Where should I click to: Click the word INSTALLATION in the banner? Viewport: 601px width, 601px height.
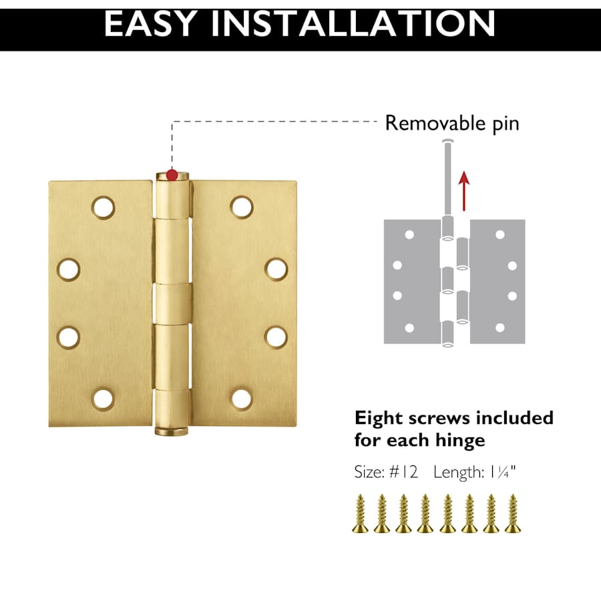(352, 24)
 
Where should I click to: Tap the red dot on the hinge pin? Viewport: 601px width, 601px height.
(172, 176)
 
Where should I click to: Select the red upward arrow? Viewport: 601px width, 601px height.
(464, 191)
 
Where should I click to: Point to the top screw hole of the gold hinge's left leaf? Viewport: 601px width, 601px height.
(103, 208)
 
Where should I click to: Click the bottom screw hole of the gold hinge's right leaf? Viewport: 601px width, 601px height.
(242, 399)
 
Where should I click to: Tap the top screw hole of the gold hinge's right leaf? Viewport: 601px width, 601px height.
(242, 208)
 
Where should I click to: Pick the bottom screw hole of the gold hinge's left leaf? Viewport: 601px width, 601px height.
(103, 399)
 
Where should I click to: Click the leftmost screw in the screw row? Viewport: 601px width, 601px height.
(361, 514)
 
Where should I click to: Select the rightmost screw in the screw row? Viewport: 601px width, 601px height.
(512, 514)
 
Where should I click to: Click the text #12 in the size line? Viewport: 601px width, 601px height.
(403, 472)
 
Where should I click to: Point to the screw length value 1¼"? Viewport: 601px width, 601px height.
(502, 472)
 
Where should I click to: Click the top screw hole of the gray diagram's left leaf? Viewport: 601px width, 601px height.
(409, 234)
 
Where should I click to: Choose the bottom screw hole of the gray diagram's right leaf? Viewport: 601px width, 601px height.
(499, 328)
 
